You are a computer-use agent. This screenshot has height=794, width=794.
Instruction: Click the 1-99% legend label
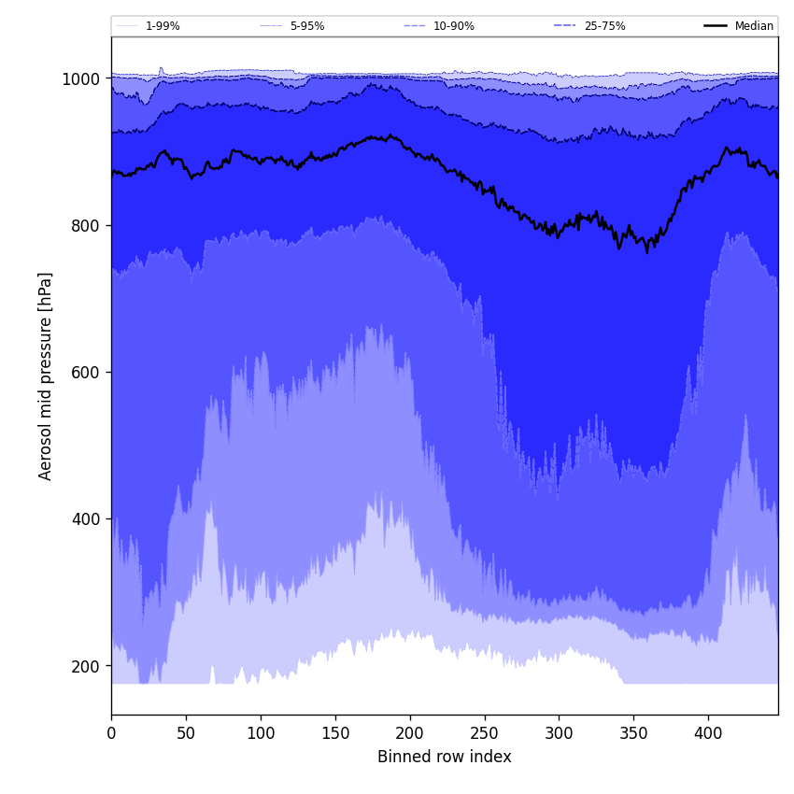point(163,26)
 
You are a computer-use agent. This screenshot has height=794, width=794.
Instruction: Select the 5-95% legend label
point(307,26)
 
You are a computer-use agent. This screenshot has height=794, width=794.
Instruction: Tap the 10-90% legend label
point(453,26)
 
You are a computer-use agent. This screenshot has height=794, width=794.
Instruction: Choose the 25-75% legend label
point(604,26)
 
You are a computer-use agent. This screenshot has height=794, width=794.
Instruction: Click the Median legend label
point(754,26)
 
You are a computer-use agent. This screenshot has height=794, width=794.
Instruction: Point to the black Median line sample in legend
point(716,26)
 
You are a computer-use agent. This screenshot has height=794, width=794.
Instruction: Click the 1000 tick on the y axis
point(80,79)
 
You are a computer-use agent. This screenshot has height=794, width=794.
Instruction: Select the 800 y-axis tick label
point(85,226)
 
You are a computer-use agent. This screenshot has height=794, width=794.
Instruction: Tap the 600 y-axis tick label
point(85,373)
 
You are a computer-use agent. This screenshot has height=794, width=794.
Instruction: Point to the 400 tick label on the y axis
point(85,519)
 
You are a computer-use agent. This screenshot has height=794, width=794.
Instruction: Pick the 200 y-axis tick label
point(85,666)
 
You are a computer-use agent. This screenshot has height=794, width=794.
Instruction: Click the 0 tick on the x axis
point(111,733)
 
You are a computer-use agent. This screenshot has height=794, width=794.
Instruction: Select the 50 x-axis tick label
point(186,733)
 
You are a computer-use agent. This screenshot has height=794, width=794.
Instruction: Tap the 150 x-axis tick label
point(335,733)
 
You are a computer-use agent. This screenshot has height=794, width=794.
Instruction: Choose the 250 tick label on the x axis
point(484,733)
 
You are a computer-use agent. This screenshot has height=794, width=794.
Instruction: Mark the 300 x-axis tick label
point(559,733)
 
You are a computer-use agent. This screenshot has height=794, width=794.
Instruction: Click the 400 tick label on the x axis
point(708,733)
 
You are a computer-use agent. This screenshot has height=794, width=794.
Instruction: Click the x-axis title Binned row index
point(445,757)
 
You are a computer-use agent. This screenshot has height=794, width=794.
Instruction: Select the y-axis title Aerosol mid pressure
point(46,376)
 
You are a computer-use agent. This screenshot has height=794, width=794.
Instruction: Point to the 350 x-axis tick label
point(633,733)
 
